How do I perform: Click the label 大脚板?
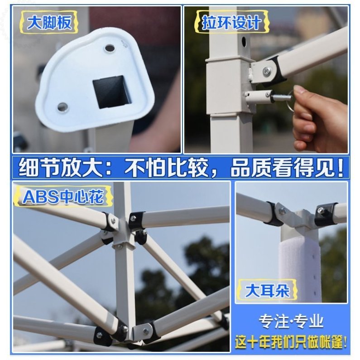click(x=49, y=23)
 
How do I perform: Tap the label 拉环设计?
click(x=231, y=23)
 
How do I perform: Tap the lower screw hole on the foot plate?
click(x=62, y=107)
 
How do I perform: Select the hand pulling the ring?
click(x=319, y=113)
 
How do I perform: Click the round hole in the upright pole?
click(x=244, y=42)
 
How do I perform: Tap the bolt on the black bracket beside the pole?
click(x=268, y=71)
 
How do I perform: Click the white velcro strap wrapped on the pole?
click(x=300, y=268)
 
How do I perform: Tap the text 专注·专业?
click(x=291, y=321)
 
